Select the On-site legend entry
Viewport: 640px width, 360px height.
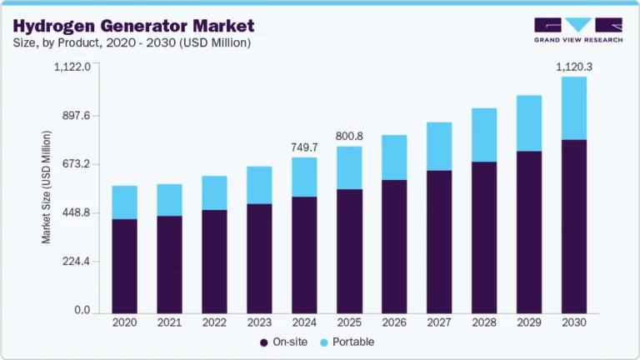(x=281, y=342)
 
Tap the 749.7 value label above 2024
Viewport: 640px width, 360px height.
(x=304, y=147)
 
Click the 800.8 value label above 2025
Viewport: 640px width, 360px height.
(x=349, y=136)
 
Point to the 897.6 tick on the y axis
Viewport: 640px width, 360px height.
(x=72, y=116)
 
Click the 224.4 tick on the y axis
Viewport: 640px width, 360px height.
(x=72, y=262)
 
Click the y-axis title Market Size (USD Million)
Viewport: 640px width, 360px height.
(x=47, y=187)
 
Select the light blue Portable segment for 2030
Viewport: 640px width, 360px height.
(x=573, y=108)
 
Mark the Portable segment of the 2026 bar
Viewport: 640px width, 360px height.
(x=394, y=157)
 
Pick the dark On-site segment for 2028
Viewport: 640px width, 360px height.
(x=484, y=237)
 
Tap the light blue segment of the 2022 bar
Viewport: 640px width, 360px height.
(x=214, y=192)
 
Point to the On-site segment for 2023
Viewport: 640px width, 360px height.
(x=259, y=257)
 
